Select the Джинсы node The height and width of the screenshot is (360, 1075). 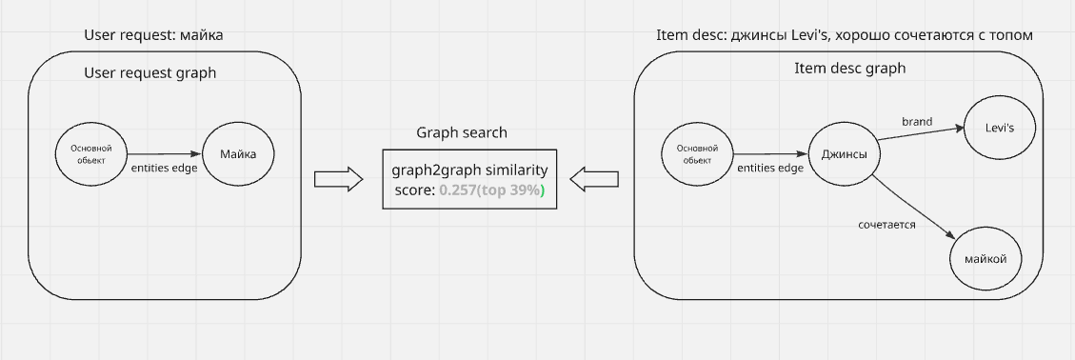pos(843,154)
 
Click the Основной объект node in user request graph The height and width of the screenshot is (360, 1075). pos(91,154)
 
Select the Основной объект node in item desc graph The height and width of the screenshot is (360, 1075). pos(697,154)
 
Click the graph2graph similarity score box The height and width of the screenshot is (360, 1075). pos(469,180)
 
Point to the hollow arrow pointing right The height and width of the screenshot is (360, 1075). pos(338,178)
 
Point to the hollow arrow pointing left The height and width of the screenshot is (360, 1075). pos(594,178)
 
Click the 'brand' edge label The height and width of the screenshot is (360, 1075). pos(917,121)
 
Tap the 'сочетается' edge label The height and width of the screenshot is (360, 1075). pos(886,225)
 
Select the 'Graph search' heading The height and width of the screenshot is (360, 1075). pos(462,132)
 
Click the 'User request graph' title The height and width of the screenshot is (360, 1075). pos(150,72)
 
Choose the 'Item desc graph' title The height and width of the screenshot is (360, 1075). pos(849,69)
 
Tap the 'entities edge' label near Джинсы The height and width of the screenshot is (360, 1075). pos(771,169)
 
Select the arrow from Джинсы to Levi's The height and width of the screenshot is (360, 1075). pos(920,135)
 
